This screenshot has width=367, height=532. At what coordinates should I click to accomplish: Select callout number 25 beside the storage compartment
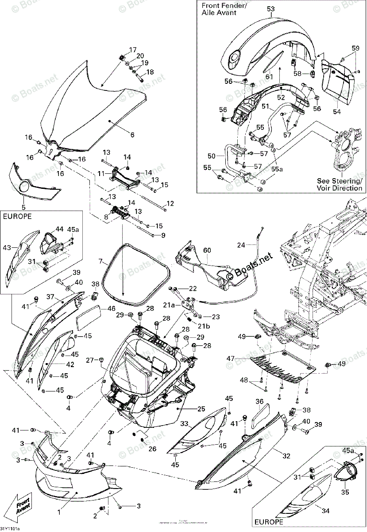201,408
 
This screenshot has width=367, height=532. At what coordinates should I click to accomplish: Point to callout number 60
207,250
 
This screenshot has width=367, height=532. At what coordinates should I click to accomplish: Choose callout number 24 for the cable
240,245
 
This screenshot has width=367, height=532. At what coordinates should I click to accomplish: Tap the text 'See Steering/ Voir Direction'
340,184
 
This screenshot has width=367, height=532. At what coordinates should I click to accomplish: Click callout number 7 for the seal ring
100,261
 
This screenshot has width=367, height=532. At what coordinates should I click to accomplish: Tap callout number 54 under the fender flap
337,112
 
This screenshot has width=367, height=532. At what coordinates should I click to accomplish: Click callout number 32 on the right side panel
286,455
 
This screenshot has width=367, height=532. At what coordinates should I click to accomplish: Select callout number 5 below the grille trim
24,207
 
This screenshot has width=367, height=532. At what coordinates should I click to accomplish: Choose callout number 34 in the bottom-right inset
325,511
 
